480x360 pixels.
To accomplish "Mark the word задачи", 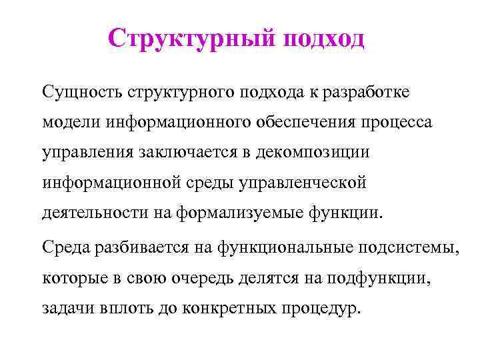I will point(66,310).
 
